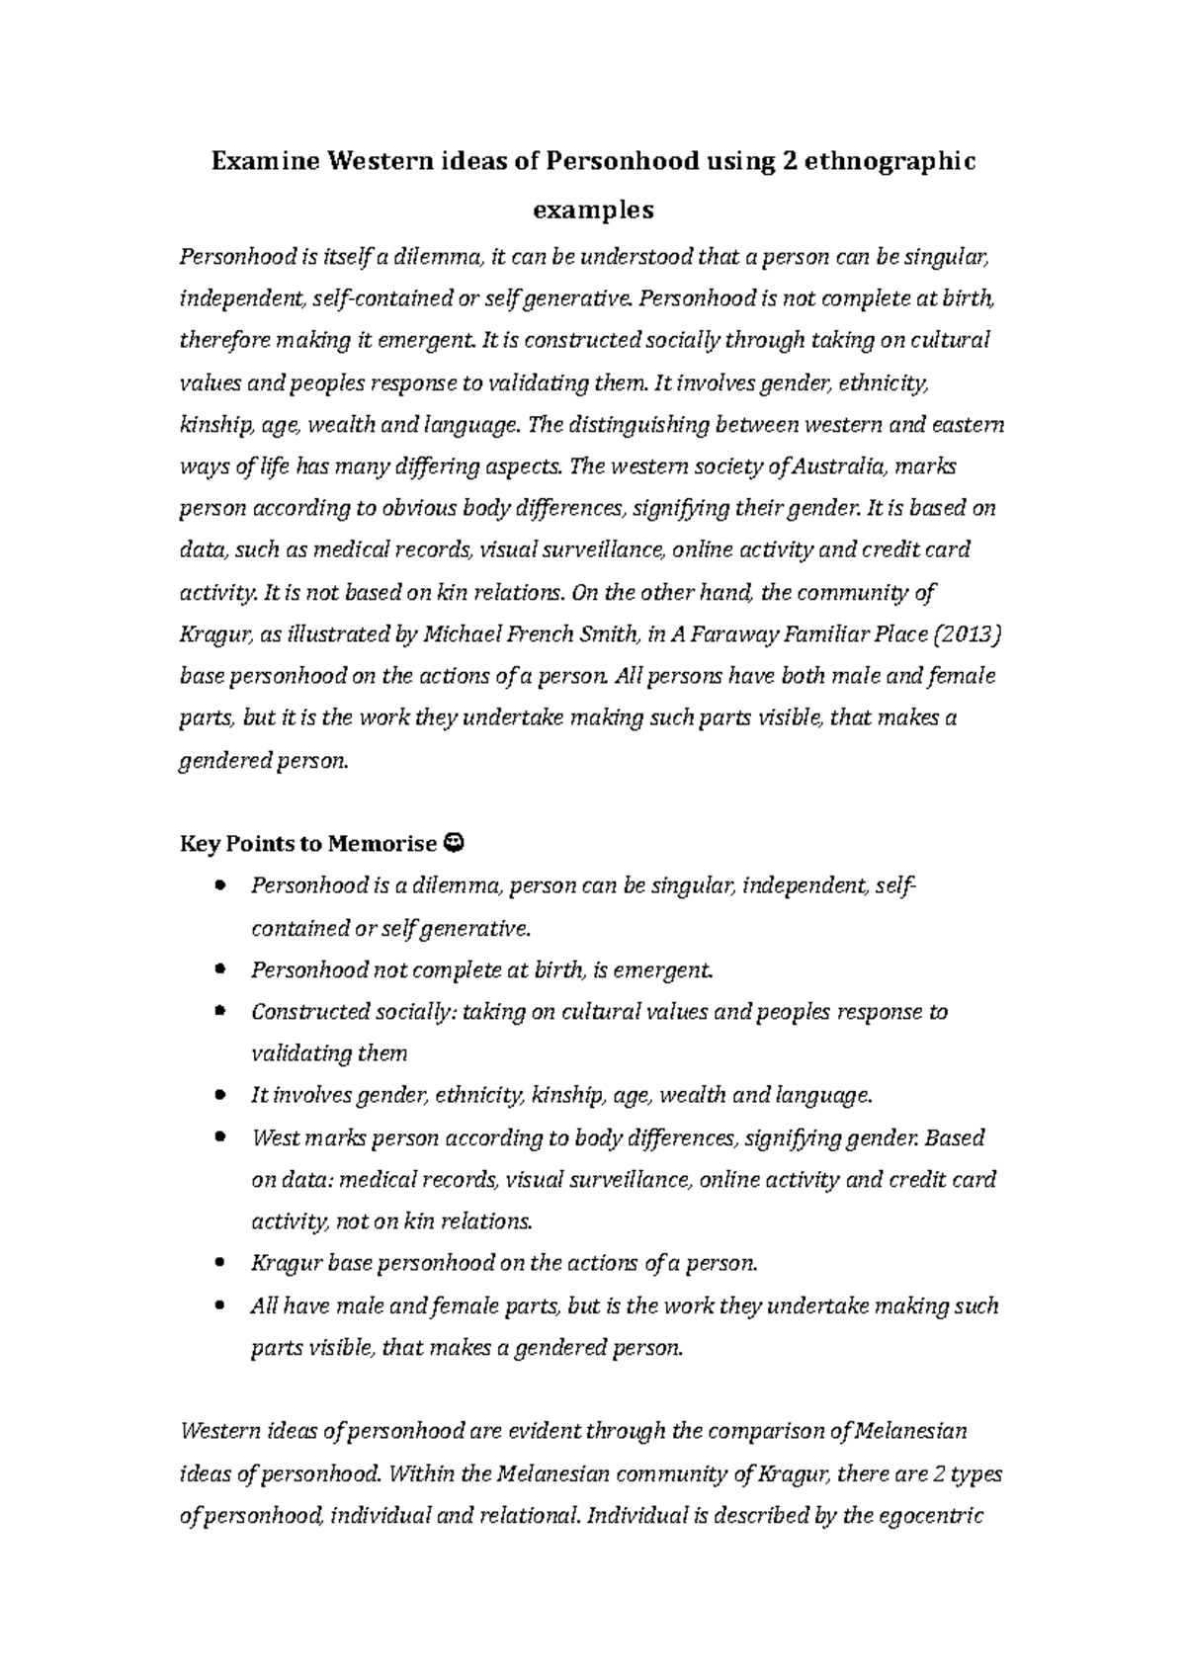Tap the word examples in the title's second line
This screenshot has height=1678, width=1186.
tap(593, 210)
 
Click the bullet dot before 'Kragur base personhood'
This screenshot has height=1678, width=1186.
tap(219, 1263)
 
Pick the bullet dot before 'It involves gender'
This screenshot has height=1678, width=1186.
tap(219, 1095)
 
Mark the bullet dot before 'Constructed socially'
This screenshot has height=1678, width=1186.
tap(219, 1011)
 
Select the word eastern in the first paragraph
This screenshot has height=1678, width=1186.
tap(969, 425)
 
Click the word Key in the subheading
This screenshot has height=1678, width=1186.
tap(196, 844)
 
